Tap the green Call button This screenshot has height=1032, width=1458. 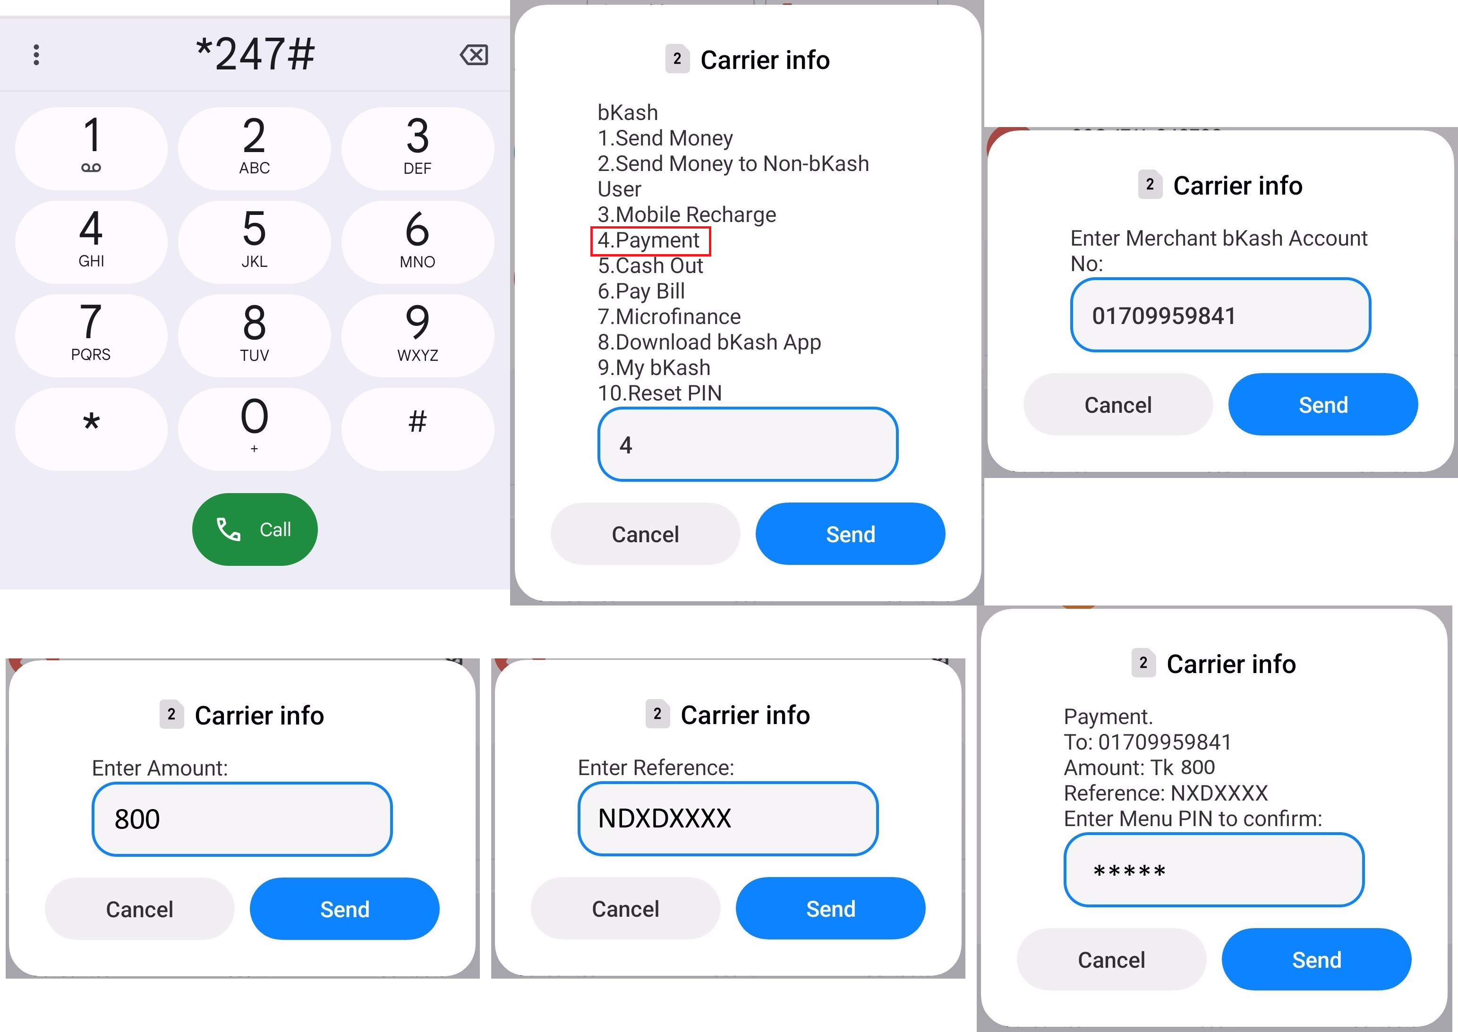(x=255, y=529)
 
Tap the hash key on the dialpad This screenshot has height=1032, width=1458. (x=418, y=429)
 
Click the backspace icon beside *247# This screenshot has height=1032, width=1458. (x=474, y=55)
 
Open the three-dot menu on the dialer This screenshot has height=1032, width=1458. (x=36, y=55)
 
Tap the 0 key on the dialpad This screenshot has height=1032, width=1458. (x=254, y=429)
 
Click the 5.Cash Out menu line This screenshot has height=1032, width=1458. (x=650, y=265)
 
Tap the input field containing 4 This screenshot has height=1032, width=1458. (x=748, y=444)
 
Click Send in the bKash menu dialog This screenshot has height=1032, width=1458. (x=850, y=534)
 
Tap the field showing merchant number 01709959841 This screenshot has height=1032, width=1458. (x=1220, y=315)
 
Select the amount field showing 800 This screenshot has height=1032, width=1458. (x=242, y=819)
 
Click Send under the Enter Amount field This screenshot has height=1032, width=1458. (x=344, y=909)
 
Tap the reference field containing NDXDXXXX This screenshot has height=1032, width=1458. (x=728, y=818)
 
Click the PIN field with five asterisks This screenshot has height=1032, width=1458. (x=1214, y=870)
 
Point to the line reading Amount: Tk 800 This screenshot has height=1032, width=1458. (x=1139, y=768)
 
